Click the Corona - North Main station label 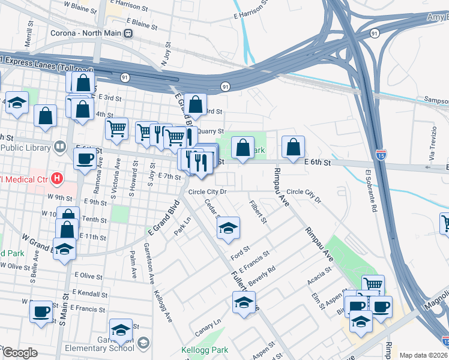(85, 34)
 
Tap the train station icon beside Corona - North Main (128, 34)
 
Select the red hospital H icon (57, 178)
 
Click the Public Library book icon (60, 146)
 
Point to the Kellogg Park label (201, 349)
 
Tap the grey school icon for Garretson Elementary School (143, 343)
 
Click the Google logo (19, 353)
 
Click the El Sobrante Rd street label (370, 192)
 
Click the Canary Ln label (208, 329)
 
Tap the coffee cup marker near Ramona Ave (85, 158)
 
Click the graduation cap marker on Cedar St (228, 229)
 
